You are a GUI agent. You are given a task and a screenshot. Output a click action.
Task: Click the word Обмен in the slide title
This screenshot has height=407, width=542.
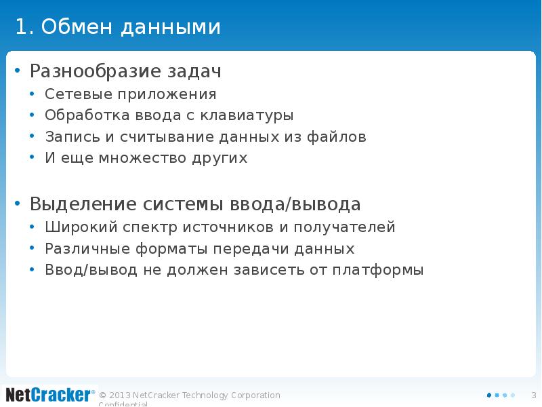tap(78, 27)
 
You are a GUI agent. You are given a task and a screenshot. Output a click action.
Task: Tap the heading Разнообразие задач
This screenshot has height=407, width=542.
tap(125, 71)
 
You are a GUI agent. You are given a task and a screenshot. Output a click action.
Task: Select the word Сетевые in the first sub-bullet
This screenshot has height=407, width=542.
tap(72, 94)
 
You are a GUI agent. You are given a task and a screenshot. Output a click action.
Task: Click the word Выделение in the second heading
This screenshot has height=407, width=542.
tap(83, 204)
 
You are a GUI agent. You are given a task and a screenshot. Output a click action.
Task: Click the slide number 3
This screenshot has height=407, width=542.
tap(533, 395)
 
